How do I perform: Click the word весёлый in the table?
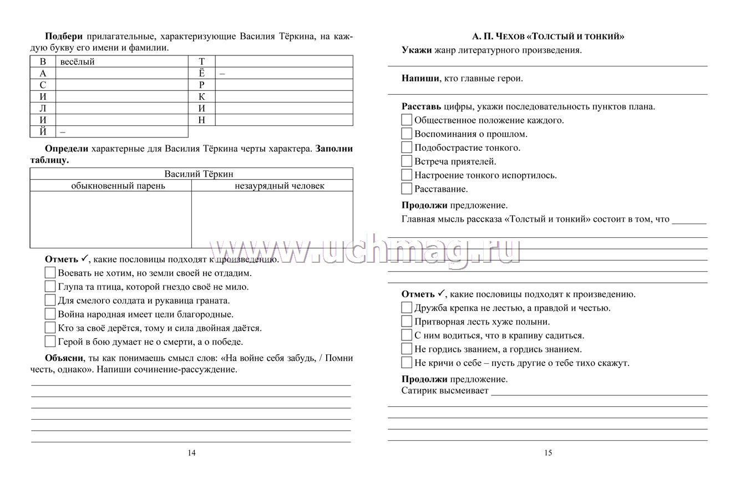77,62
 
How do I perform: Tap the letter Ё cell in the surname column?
202,74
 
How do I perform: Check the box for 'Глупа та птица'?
50,287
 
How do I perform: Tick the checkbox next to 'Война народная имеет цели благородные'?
50,314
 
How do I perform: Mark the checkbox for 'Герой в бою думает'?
50,342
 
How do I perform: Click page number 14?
191,452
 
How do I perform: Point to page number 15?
548,452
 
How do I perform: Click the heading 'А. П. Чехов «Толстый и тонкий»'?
548,37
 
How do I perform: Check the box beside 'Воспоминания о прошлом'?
407,134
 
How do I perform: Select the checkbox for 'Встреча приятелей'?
407,161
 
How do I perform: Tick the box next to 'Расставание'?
407,189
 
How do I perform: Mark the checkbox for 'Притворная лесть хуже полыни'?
407,322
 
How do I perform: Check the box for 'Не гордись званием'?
407,349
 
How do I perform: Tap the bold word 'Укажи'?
416,50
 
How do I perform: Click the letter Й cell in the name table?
43,132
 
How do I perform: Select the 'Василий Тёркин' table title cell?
191,174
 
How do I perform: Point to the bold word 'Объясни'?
63,358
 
